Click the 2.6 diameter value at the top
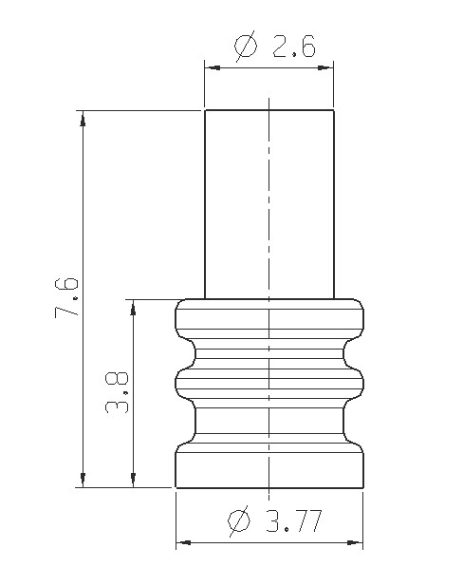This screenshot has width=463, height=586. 294,47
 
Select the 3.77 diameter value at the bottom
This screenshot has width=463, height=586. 293,521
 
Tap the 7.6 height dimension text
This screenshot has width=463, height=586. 66,297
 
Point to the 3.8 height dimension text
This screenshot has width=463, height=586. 117,392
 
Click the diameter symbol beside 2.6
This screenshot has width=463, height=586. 246,46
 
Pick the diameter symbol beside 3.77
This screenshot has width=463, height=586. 238,520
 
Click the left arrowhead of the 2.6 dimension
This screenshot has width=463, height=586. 213,67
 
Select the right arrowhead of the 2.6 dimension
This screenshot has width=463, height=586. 325,67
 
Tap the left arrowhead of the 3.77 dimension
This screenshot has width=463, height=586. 183,542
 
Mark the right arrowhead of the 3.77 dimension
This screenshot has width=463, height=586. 355,542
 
